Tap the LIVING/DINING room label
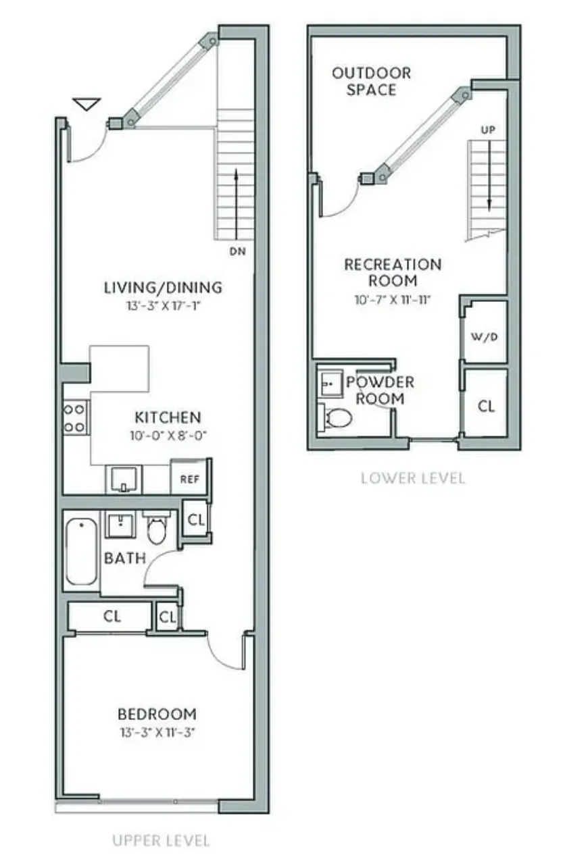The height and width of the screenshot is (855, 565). coord(162,287)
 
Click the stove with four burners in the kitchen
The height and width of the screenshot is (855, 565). coord(75,417)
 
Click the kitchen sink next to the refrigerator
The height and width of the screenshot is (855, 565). coord(124,479)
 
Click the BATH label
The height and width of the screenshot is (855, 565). coord(124,559)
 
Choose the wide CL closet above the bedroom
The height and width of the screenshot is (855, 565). coord(112,616)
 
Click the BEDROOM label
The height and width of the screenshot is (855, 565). coord(157,714)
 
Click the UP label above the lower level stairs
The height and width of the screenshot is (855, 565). coord(488,129)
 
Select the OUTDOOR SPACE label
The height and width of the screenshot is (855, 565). coord(371,81)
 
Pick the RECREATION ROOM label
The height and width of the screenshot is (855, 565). coord(392,272)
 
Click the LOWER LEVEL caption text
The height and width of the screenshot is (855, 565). coord(412,478)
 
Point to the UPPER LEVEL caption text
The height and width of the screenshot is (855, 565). coord(161,841)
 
